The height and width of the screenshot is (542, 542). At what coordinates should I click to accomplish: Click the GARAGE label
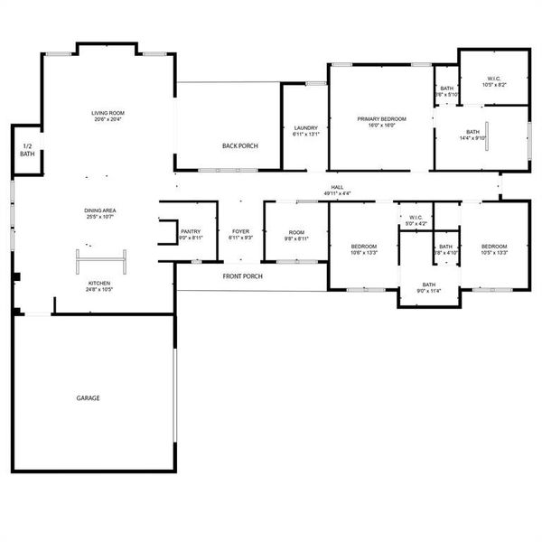[88, 397]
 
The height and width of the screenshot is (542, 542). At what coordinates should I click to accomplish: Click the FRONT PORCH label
[242, 276]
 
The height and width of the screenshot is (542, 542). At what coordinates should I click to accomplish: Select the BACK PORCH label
[240, 145]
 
